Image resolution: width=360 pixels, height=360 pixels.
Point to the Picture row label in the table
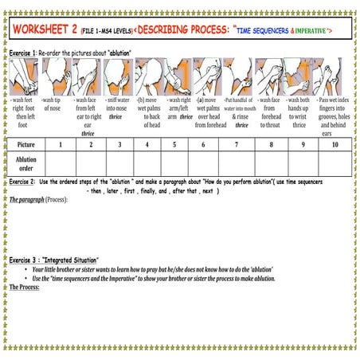26,144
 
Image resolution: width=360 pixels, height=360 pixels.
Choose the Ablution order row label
26,163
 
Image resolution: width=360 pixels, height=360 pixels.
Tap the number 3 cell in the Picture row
119,144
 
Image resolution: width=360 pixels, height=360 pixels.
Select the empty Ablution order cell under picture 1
61,163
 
